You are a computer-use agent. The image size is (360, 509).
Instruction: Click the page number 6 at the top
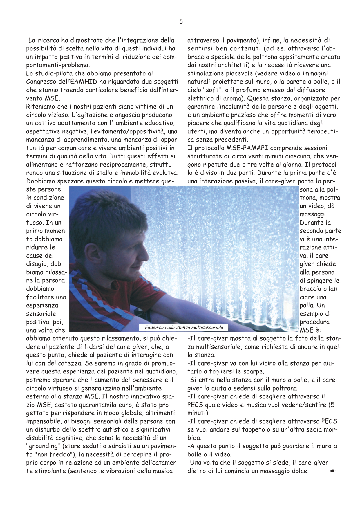pyautogui.click(x=181, y=21)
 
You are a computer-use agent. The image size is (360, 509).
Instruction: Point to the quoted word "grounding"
pyautogui.click(x=42, y=446)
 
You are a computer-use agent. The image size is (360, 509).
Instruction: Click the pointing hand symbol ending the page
pyautogui.click(x=332, y=471)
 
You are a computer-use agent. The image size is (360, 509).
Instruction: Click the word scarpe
pyautogui.click(x=253, y=372)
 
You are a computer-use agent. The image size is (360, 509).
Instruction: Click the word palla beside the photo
pyautogui.click(x=307, y=306)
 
